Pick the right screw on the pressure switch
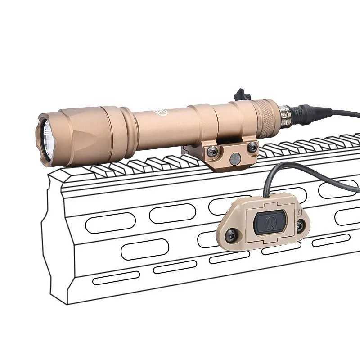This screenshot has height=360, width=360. coord(300,226)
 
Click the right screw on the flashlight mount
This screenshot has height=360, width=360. coord(252,147)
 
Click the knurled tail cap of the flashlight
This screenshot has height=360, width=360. coord(265,115)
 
